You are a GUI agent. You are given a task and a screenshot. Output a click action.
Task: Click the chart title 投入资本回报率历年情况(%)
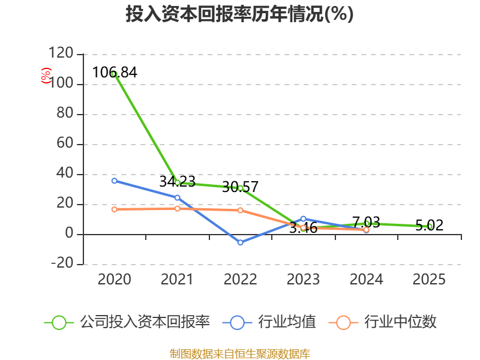pos(239,14)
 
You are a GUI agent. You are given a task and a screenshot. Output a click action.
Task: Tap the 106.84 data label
pos(115,73)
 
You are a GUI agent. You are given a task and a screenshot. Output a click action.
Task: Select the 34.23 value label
pos(177,182)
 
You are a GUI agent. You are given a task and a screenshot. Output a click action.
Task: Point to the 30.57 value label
pos(241,187)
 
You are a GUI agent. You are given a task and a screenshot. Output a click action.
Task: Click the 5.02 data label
pos(429,226)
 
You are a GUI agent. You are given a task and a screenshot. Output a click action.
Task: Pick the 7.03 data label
pos(366,222)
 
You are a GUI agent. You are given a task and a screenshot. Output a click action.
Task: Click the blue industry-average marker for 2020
pos(115,181)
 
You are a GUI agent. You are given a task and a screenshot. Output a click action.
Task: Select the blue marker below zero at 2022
pos(241,242)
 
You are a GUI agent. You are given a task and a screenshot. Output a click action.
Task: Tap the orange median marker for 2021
pos(177,208)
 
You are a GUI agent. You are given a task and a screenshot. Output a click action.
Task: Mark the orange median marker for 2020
pos(115,209)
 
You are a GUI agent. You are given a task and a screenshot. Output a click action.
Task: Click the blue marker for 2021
pos(177,198)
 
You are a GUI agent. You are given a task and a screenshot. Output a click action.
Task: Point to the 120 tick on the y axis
pos(61,53)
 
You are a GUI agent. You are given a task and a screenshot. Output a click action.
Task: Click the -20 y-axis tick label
pos(62,263)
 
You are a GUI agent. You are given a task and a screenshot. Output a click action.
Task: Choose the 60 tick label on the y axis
pos(65,143)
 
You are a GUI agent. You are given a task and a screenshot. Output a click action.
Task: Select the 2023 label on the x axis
pos(303,279)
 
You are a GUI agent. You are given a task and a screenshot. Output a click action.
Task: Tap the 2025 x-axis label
pos(429,279)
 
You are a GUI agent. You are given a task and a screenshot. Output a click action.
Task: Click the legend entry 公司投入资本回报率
pos(127,322)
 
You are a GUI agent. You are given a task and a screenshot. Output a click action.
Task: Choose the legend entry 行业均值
pos(269,322)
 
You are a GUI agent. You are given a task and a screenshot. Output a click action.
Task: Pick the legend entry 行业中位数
pos(382,322)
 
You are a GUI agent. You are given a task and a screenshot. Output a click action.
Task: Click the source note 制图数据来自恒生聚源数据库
pos(240,354)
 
